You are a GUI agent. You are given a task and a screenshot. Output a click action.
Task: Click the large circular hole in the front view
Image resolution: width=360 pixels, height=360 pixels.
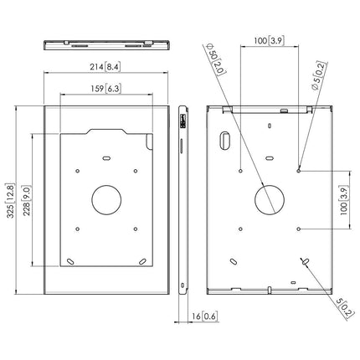105,199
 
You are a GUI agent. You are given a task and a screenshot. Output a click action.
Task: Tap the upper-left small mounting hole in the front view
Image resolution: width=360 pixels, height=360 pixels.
77,171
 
